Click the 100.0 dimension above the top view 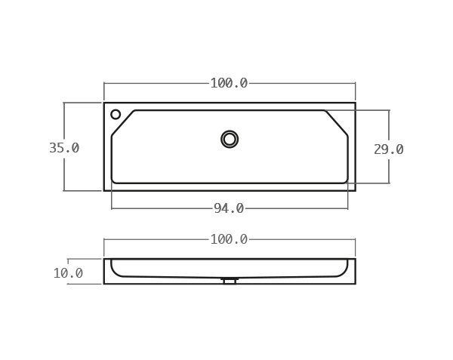pyautogui.click(x=229, y=83)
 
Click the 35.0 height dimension pyautogui.click(x=64, y=148)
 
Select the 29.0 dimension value pyautogui.click(x=388, y=149)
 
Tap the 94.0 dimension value pyautogui.click(x=229, y=208)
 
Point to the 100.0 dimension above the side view pyautogui.click(x=229, y=239)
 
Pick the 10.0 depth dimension pyautogui.click(x=68, y=273)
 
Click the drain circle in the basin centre pyautogui.click(x=230, y=139)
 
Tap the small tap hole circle pyautogui.click(x=116, y=115)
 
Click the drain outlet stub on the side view pyautogui.click(x=230, y=281)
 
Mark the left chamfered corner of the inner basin pyautogui.click(x=123, y=122)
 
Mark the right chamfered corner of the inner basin pyautogui.click(x=337, y=122)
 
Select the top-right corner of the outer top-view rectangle pyautogui.click(x=355, y=103)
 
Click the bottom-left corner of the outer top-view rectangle pyautogui.click(x=104, y=190)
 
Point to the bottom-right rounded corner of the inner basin pyautogui.click(x=346, y=181)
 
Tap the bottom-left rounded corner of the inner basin pyautogui.click(x=113, y=181)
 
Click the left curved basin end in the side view pyautogui.click(x=115, y=269)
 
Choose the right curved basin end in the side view pyautogui.click(x=344, y=269)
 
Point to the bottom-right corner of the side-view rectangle pyautogui.click(x=355, y=284)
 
